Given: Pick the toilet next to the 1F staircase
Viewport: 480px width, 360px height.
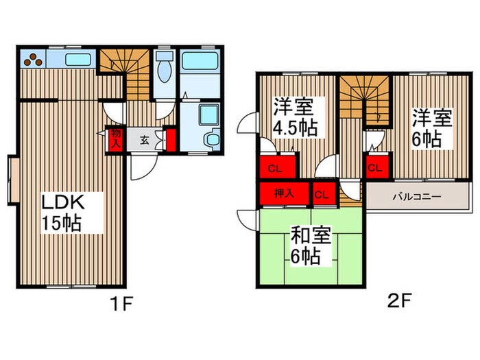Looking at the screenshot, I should pos(163,69).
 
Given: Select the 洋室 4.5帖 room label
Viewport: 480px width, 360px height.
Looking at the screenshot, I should pos(294,117).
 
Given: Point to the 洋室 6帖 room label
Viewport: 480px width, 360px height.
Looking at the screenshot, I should pos(431,128).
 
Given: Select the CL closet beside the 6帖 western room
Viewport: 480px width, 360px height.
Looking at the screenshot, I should pos(374,167).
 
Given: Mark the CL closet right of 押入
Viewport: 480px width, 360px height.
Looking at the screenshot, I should pos(322,194).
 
